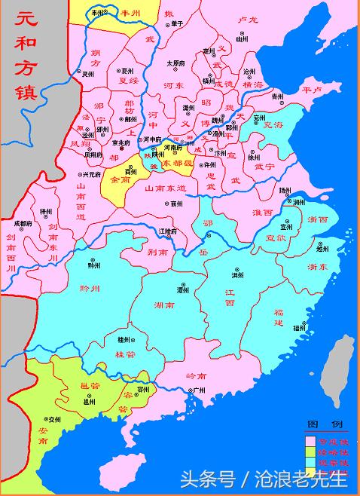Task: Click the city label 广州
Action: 199,390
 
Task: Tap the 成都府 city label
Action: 23,224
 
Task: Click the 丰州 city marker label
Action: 99,13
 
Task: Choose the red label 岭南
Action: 196,375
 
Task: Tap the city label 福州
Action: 300,328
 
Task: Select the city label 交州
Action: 53,418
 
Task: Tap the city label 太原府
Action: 175,63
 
